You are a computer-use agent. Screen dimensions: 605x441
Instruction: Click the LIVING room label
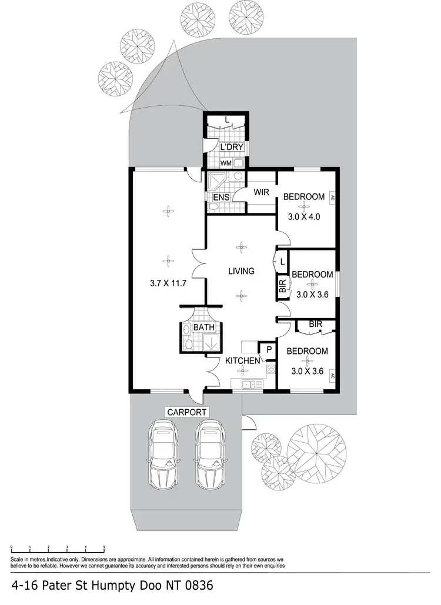242,271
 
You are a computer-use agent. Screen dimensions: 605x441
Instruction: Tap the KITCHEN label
243,360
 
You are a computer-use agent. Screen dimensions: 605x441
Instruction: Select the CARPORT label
187,413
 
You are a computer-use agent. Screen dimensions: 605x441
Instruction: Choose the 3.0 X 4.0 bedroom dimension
303,216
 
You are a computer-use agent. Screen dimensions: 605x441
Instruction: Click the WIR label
262,192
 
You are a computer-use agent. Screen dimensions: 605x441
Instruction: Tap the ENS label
221,198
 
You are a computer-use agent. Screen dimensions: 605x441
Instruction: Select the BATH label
203,327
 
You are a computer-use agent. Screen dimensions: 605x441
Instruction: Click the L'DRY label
231,148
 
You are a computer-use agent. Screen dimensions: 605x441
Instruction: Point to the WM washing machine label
226,163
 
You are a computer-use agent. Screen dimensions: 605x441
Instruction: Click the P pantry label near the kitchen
268,349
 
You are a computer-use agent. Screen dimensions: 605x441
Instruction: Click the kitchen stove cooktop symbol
271,369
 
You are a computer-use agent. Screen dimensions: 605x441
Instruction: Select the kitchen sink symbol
249,385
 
